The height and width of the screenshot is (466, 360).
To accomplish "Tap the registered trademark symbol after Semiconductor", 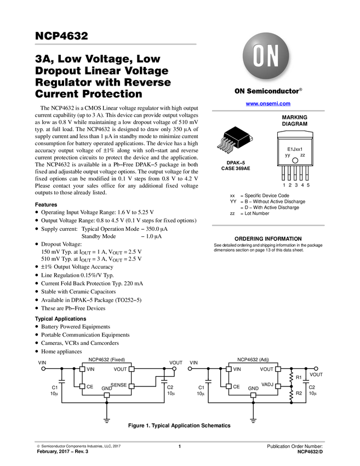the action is (x=300, y=88).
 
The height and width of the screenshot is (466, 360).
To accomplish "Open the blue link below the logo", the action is (x=268, y=103).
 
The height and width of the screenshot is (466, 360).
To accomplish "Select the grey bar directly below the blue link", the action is (x=268, y=111).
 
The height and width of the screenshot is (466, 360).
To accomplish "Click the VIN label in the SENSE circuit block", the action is (x=91, y=369).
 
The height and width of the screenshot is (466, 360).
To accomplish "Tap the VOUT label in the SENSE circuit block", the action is (x=120, y=369).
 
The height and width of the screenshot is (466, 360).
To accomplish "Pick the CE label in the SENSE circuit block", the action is (x=90, y=387).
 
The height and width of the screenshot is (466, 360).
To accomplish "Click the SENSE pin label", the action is (x=119, y=385).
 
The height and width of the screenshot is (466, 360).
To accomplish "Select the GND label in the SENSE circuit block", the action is (x=107, y=388).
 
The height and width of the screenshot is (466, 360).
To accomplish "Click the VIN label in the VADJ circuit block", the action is (x=237, y=369).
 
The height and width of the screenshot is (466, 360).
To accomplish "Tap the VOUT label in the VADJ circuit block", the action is (x=267, y=369).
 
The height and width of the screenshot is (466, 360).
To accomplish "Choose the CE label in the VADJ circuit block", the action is (x=236, y=387).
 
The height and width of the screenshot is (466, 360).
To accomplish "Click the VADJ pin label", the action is (x=267, y=384).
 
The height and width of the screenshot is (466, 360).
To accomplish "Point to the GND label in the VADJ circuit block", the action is (x=253, y=388).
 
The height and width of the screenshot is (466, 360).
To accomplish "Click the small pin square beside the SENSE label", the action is (x=131, y=387).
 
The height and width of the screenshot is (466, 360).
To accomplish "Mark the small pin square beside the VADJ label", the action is (x=278, y=387).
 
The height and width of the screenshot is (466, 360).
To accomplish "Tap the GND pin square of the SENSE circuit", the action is (x=107, y=395).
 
